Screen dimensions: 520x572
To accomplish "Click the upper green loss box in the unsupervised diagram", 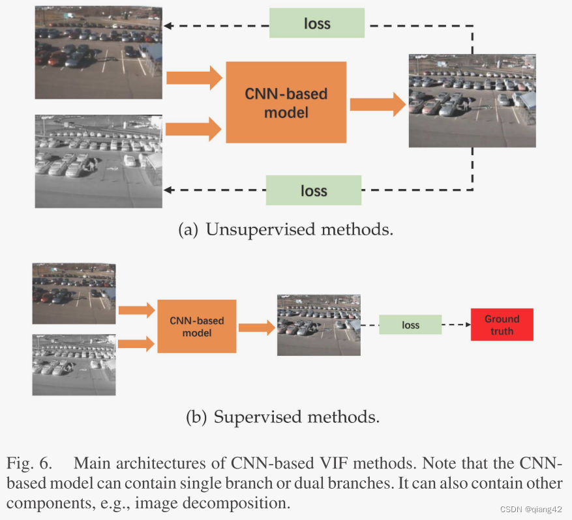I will tap(318, 24).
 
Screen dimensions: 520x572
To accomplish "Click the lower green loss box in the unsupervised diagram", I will tap(314, 190).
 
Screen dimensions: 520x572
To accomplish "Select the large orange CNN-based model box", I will tap(286, 102).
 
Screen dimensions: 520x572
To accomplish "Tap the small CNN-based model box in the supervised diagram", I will tap(196, 326).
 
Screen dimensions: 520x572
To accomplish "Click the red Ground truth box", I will tap(502, 325).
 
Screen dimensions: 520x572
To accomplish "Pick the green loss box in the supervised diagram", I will tap(410, 325).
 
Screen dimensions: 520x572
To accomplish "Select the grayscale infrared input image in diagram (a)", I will tap(98, 161).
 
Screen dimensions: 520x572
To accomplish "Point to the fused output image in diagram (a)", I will tap(472, 100).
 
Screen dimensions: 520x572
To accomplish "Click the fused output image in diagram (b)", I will tap(318, 325).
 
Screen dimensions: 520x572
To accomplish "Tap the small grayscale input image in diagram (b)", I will tap(74, 365).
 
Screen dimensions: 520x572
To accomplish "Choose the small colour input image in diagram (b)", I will tap(74, 293).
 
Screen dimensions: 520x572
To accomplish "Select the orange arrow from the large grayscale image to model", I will tap(194, 128).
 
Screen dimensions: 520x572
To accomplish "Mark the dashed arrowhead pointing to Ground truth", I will tap(466, 325).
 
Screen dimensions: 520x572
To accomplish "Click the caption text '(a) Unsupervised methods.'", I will tap(286, 230).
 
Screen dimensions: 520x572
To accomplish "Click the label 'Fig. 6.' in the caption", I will tap(29, 463).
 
